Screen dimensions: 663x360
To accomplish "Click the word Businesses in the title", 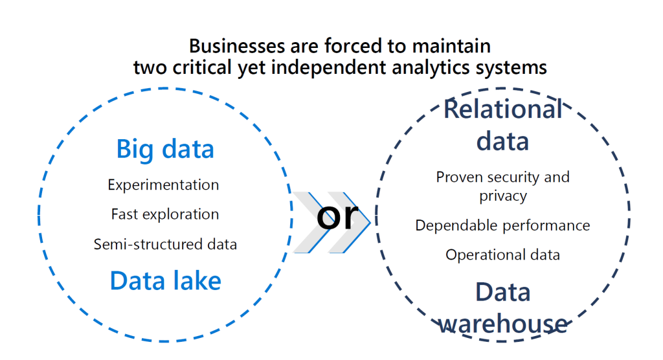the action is [237, 46].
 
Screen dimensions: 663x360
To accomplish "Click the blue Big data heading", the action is [165, 150].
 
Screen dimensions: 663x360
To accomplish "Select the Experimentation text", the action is [163, 185].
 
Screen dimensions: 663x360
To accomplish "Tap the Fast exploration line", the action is [165, 214].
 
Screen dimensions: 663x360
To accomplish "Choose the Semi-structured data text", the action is [165, 244].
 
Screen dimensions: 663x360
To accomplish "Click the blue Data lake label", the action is [165, 280].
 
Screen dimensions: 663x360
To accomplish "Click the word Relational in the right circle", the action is [503, 109].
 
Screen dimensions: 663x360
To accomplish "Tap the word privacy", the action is [503, 197].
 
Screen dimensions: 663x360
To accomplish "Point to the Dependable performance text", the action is [502, 226].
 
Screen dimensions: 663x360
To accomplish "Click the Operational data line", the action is [502, 255].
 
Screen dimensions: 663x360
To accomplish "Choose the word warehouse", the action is [502, 324].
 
